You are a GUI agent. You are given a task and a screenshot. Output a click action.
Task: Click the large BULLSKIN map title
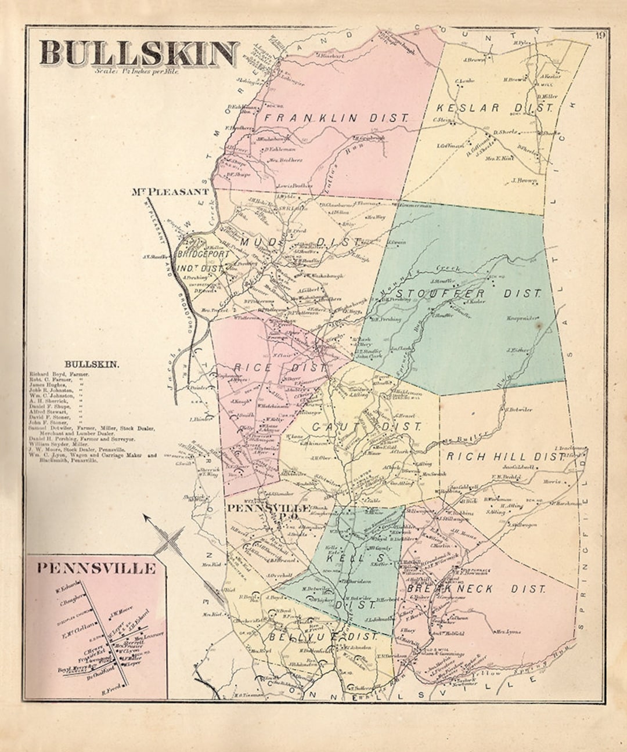[x=139, y=53]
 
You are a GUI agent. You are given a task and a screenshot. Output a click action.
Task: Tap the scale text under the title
[x=138, y=72]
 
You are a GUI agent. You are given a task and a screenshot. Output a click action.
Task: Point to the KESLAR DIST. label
[x=493, y=108]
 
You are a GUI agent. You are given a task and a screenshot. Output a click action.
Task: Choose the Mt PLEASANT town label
[x=170, y=191]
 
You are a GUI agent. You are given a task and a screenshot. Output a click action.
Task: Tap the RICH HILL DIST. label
[x=505, y=457]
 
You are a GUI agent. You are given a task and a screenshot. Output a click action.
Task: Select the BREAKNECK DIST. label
[x=476, y=589]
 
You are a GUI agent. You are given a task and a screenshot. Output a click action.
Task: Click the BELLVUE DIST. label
[x=322, y=637]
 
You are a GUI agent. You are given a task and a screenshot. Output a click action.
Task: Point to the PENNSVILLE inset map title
[x=96, y=568]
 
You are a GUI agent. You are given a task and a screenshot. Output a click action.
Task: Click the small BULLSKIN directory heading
[x=92, y=364]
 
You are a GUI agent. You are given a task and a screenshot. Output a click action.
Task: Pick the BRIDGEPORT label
[x=201, y=255]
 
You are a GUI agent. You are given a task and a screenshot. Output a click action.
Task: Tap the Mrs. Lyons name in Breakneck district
[x=506, y=631]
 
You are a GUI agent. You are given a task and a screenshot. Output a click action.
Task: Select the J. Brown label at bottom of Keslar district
[x=523, y=180]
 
